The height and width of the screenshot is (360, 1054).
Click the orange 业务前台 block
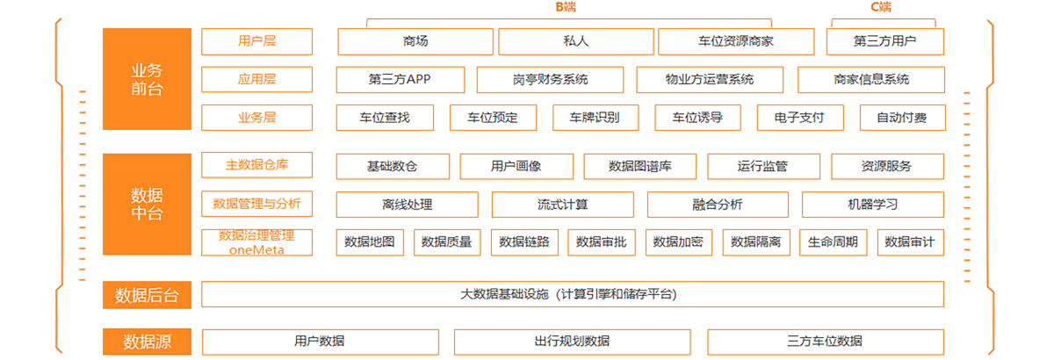(147, 79)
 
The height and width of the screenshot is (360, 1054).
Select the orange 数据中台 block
(147, 204)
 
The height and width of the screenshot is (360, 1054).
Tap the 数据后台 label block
(147, 295)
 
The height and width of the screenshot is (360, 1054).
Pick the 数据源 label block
(147, 342)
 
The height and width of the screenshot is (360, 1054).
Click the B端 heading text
(566, 7)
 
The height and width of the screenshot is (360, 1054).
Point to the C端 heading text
(881, 7)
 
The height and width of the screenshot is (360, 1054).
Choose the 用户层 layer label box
(256, 41)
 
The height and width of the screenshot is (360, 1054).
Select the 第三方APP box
(401, 80)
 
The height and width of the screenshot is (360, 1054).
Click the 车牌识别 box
(596, 118)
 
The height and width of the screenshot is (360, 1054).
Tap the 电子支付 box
(800, 118)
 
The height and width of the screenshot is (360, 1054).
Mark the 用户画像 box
(516, 167)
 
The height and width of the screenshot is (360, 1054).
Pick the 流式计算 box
(563, 205)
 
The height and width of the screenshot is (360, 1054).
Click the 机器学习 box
(873, 205)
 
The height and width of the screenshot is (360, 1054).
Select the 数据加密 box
(678, 242)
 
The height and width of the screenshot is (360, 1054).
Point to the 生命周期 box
(834, 242)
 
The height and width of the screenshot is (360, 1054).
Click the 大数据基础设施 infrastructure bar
(573, 294)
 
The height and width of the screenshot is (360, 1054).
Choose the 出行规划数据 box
(573, 342)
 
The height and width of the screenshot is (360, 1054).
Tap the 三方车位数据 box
(826, 342)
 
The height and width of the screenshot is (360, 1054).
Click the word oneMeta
(256, 250)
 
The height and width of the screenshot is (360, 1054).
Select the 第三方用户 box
(885, 41)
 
